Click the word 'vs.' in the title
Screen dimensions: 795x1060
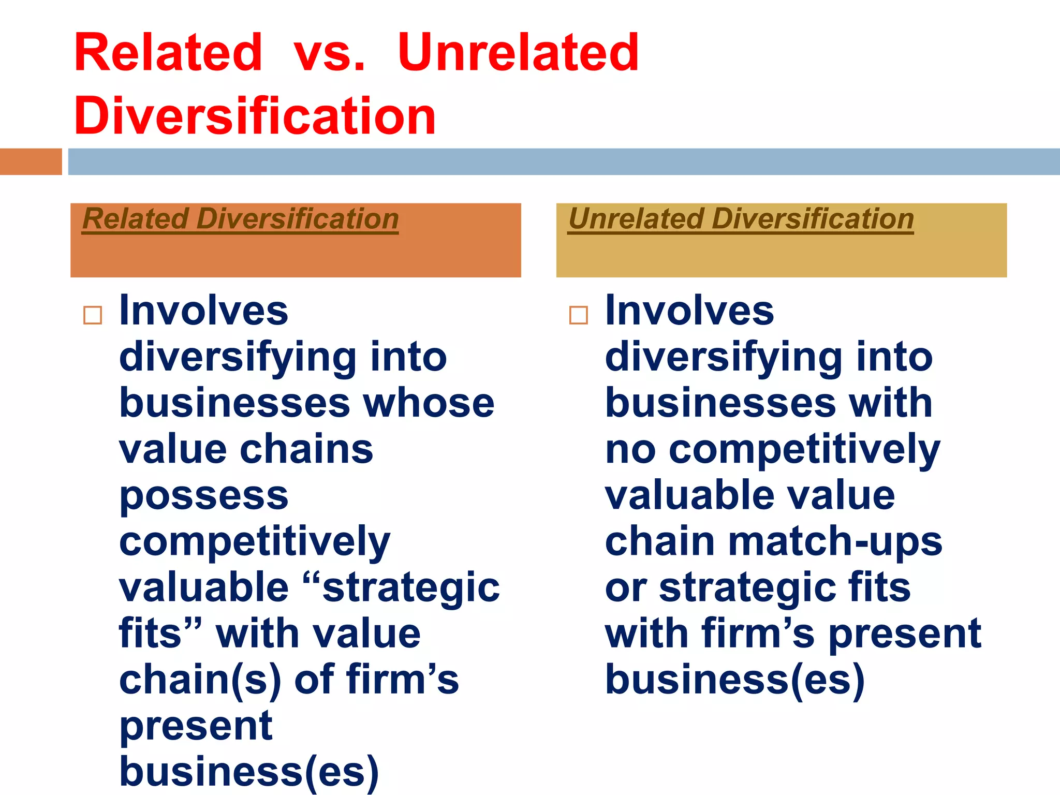point(330,53)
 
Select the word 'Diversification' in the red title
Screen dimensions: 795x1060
point(255,116)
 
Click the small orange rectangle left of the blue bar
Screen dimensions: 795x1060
point(31,161)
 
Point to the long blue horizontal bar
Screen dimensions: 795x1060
point(563,161)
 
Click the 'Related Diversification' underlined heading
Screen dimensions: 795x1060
point(240,219)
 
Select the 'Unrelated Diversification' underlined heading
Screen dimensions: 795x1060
point(741,219)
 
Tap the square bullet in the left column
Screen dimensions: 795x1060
point(93,315)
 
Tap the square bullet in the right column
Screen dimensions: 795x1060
point(578,315)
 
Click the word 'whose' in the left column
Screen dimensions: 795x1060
point(429,403)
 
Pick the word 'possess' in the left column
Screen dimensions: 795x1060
point(203,495)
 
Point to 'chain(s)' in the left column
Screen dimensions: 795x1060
point(200,680)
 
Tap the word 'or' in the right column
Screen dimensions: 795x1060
point(625,587)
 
